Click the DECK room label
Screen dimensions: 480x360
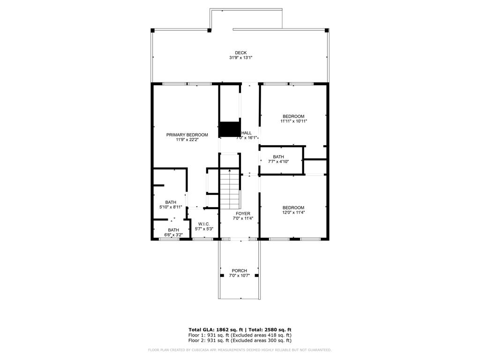pyautogui.click(x=240, y=52)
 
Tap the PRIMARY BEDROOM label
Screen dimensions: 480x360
pyautogui.click(x=187, y=135)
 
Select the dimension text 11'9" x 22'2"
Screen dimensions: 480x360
pyautogui.click(x=187, y=140)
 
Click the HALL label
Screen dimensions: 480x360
pyautogui.click(x=247, y=133)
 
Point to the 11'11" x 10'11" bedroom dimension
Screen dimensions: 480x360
pyautogui.click(x=293, y=121)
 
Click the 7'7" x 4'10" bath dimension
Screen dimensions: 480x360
pyautogui.click(x=278, y=162)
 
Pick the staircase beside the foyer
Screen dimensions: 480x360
pyautogui.click(x=230, y=189)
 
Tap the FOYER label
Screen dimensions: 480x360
pyautogui.click(x=243, y=213)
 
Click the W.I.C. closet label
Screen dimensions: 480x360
pyautogui.click(x=204, y=224)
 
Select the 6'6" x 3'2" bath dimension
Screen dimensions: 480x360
pyautogui.click(x=173, y=235)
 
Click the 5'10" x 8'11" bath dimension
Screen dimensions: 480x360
pyautogui.click(x=171, y=207)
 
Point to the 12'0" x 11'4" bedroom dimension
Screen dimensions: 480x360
pyautogui.click(x=293, y=212)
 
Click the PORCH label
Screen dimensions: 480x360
pyautogui.click(x=240, y=270)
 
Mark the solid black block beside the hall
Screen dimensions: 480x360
pyautogui.click(x=230, y=129)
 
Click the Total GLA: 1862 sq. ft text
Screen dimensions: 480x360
pyautogui.click(x=216, y=330)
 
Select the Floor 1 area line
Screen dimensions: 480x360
pyautogui.click(x=240, y=335)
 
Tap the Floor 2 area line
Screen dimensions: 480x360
pyautogui.click(x=240, y=340)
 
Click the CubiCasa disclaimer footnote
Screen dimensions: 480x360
pyautogui.click(x=240, y=350)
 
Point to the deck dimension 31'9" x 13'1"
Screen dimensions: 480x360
pyautogui.click(x=240, y=58)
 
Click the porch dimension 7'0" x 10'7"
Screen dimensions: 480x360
pyautogui.click(x=240, y=276)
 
